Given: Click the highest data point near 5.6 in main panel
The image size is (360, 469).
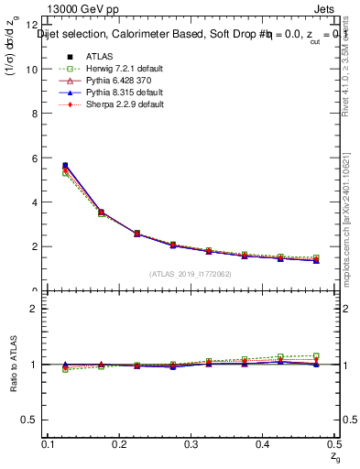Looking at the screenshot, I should (64, 166).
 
